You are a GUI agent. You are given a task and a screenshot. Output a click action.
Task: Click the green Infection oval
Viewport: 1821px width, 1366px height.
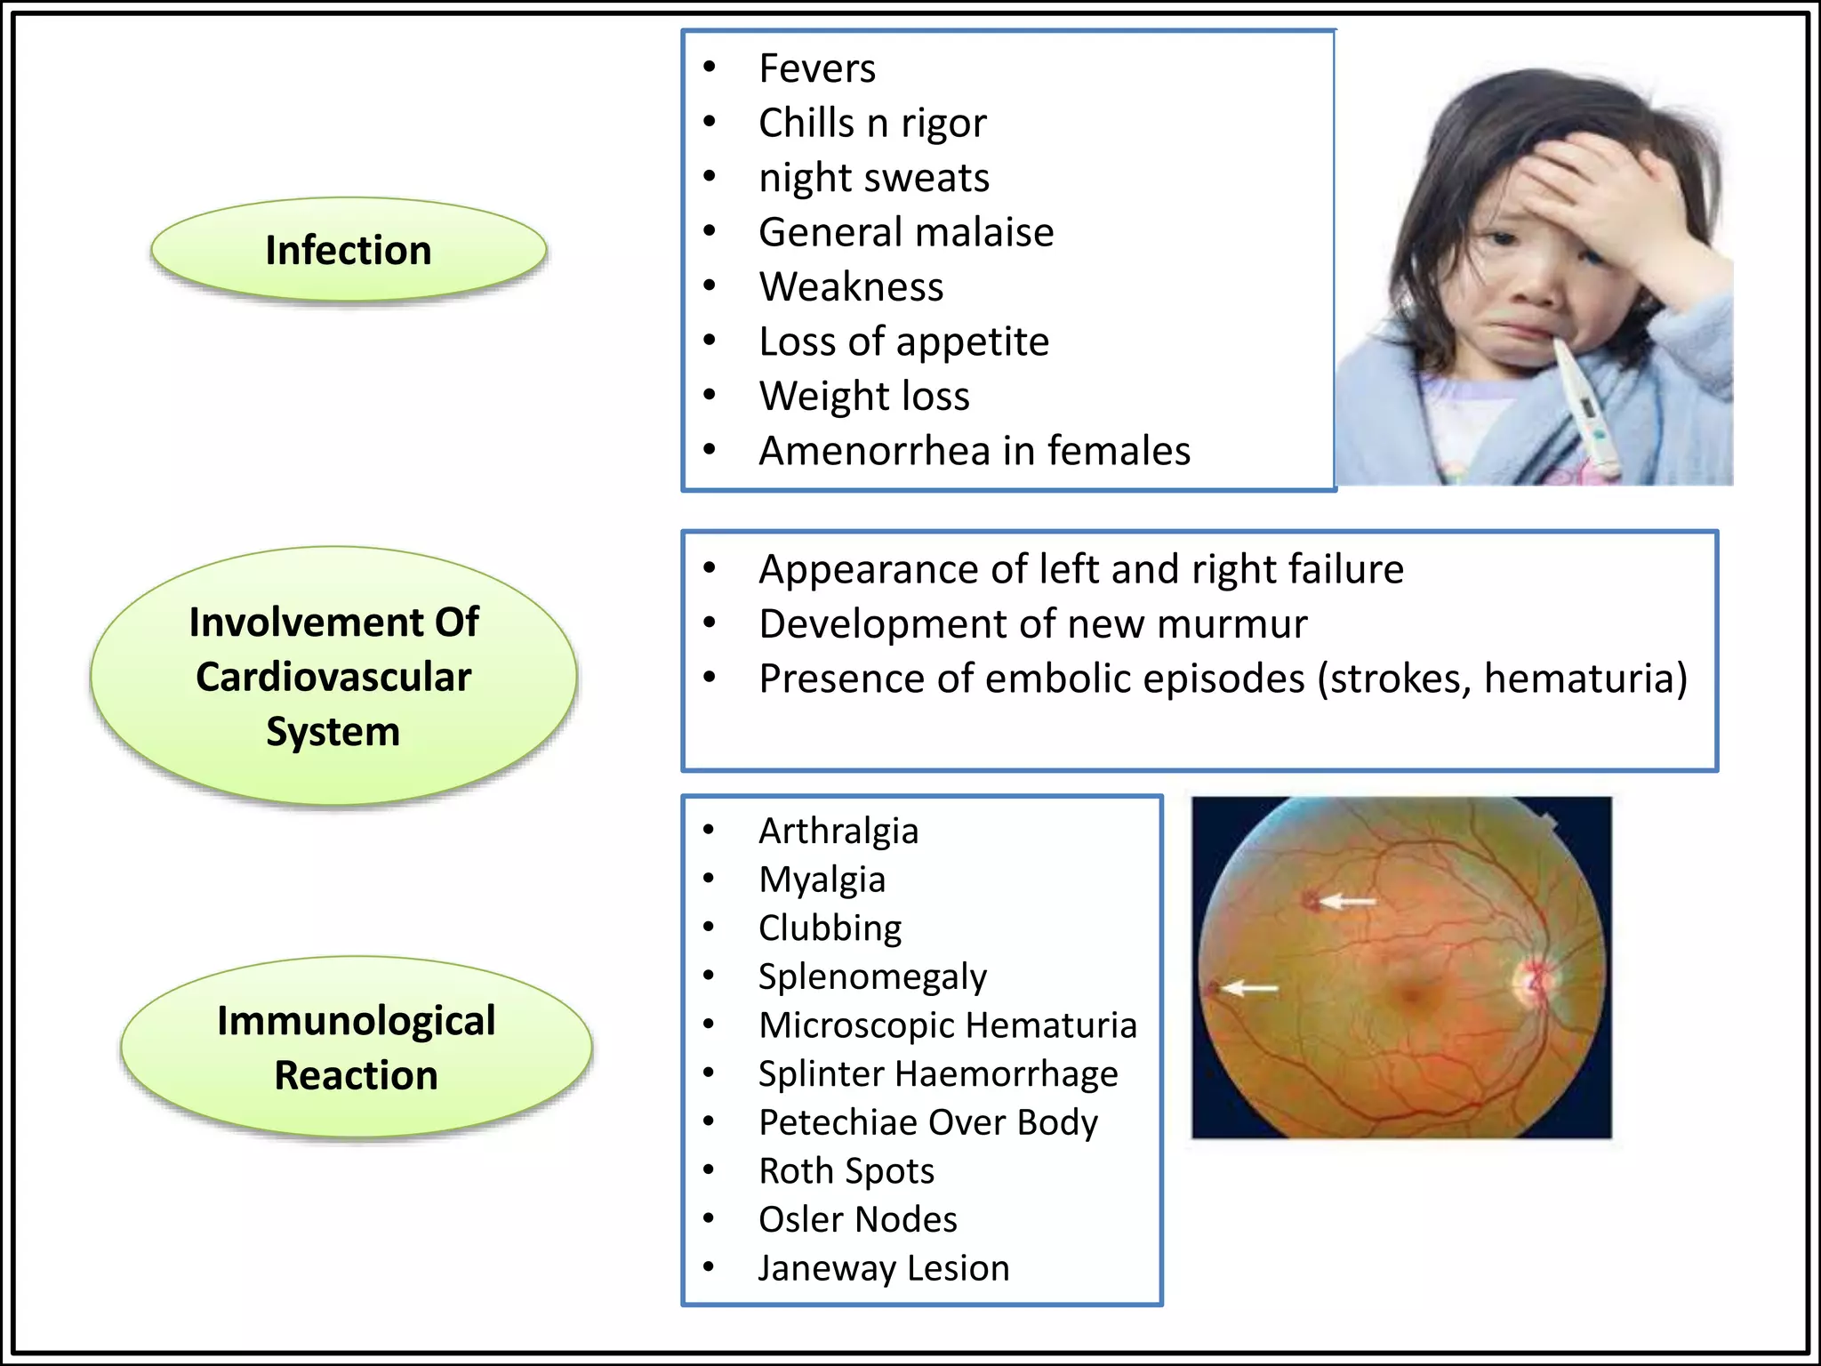coord(349,250)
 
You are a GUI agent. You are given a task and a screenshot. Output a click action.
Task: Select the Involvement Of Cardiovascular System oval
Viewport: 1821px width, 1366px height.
coord(333,676)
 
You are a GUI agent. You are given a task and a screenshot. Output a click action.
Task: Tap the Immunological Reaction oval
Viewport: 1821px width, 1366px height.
coord(356,1048)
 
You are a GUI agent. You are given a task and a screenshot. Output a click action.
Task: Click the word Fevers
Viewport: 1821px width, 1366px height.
coord(817,68)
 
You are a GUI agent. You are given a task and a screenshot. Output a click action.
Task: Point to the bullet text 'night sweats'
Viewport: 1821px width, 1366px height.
coord(874,178)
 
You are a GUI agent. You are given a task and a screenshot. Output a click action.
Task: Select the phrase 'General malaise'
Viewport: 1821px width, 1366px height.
coord(906,232)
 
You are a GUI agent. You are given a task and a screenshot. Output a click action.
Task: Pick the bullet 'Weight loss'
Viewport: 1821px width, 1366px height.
coord(864,396)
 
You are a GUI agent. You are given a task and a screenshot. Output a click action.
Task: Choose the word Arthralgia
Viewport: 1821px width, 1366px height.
coord(838,831)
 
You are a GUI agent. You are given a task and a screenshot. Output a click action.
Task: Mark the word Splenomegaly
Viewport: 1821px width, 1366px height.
coord(872,976)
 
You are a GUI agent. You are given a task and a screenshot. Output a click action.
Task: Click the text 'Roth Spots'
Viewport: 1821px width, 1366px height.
coord(846,1170)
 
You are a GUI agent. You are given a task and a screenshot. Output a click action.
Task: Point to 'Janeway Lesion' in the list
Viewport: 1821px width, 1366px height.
coord(884,1268)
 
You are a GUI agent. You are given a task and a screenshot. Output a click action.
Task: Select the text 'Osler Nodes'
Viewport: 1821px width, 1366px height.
coord(858,1219)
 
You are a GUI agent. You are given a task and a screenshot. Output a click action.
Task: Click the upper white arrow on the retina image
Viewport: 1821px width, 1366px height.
coord(1347,902)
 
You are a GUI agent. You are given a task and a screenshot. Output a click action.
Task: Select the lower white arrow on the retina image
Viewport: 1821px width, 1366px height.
coord(1249,988)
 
